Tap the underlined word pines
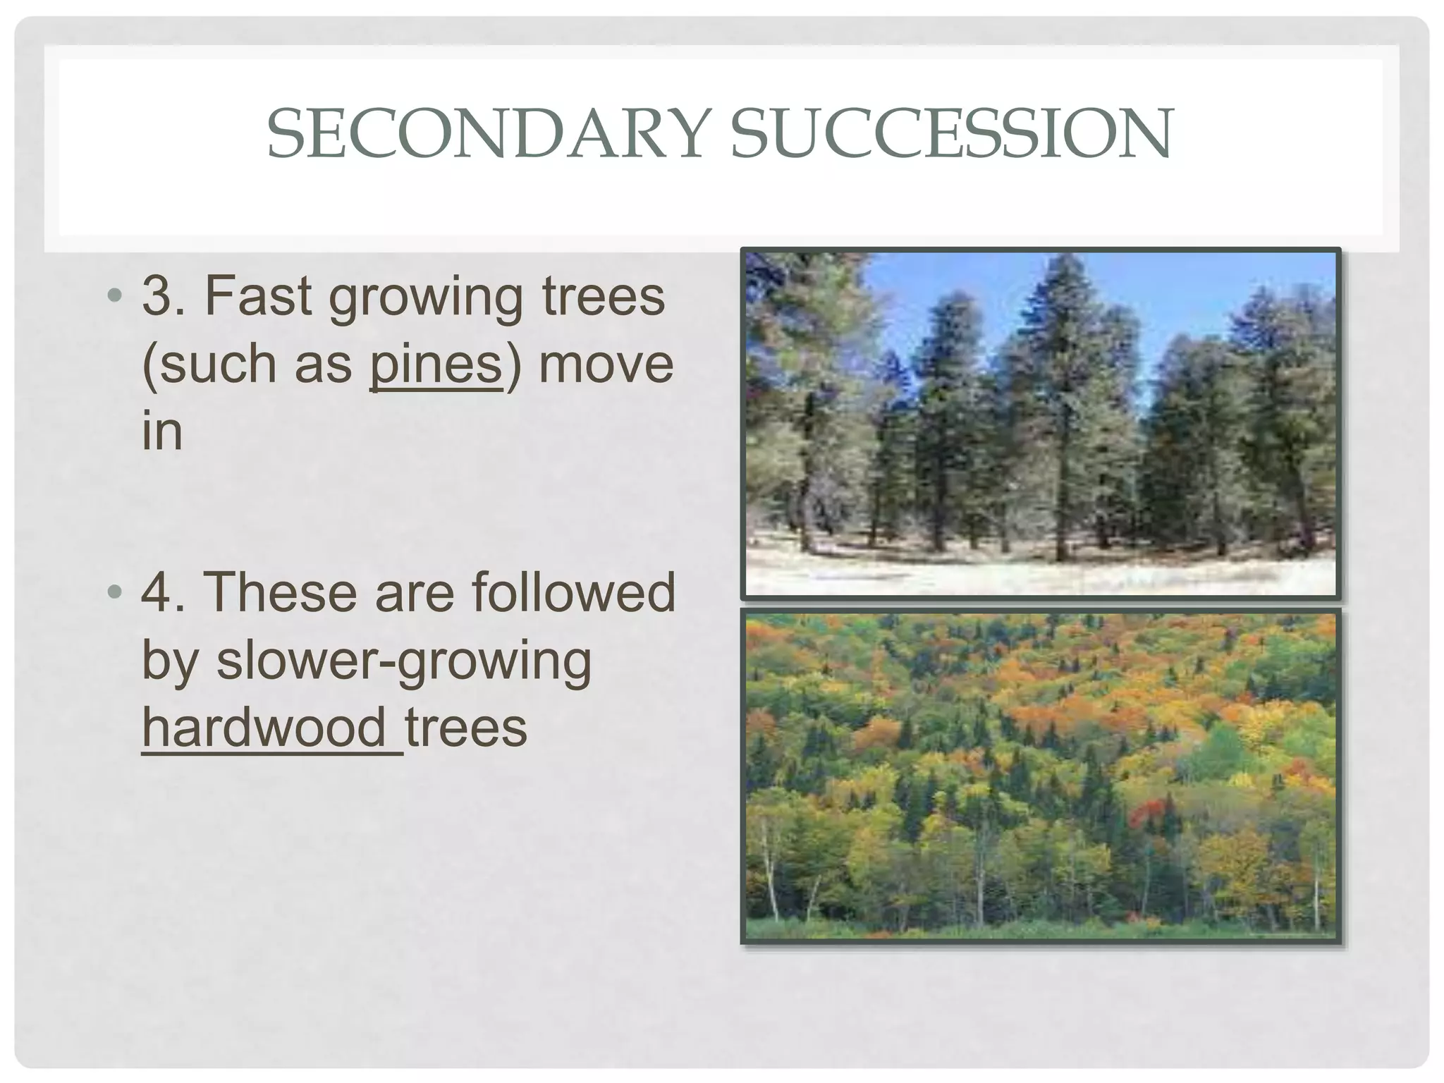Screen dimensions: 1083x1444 click(x=436, y=365)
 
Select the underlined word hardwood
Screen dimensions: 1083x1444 click(x=264, y=728)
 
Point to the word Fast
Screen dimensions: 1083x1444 click(x=257, y=296)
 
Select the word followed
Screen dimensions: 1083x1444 click(x=573, y=592)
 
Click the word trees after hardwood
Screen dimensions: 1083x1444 click(x=466, y=728)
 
